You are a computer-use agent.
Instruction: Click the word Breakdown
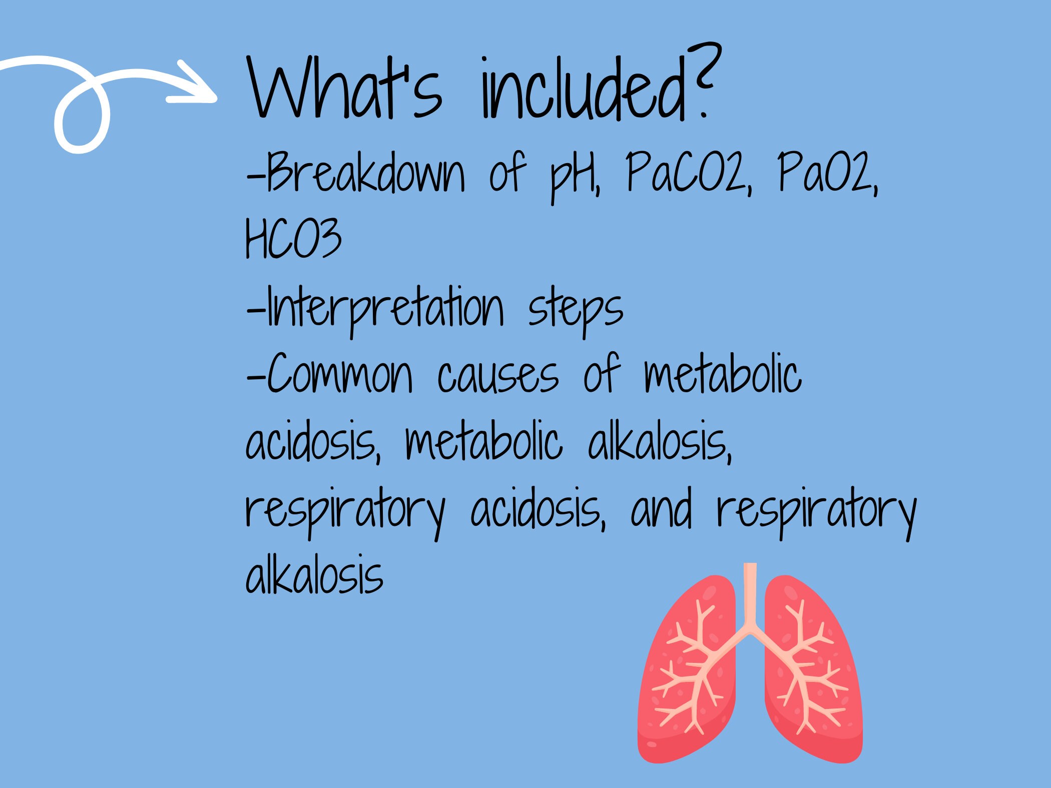click(x=365, y=173)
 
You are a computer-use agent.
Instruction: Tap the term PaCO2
click(x=688, y=173)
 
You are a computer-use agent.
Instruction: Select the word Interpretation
click(x=385, y=308)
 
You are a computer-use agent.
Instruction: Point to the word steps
click(x=576, y=310)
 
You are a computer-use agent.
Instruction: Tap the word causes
click(x=498, y=378)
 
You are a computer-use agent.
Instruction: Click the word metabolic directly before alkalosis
click(x=483, y=443)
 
